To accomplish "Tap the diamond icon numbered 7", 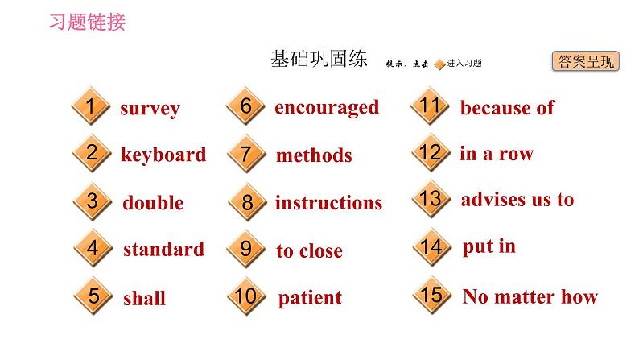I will click(x=247, y=154).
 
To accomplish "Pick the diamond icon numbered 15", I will click(x=431, y=296).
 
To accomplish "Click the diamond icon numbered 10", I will click(x=247, y=297).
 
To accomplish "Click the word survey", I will click(x=150, y=109).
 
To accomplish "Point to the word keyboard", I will click(x=163, y=155).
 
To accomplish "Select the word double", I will click(x=153, y=203).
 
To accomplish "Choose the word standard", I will click(x=163, y=250).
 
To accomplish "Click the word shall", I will click(x=144, y=298).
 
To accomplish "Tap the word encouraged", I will click(x=327, y=107).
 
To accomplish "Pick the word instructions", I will click(x=328, y=203).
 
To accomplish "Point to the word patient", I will click(x=310, y=298).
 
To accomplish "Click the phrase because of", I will click(x=507, y=108).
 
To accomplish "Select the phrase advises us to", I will click(x=517, y=200).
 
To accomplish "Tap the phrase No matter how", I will click(x=530, y=296).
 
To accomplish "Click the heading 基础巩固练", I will click(x=319, y=60).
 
